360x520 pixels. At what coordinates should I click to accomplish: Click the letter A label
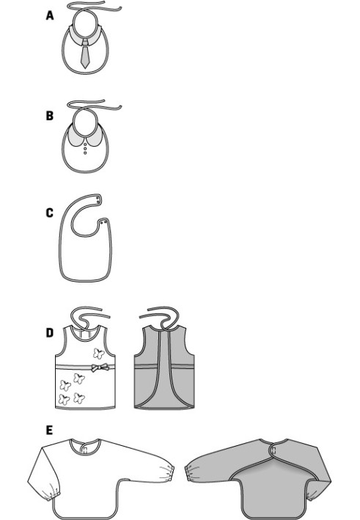[49, 15]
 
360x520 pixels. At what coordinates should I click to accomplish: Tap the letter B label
[49, 116]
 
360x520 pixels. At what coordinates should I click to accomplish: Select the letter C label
[49, 213]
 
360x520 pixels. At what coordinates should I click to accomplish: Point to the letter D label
[49, 333]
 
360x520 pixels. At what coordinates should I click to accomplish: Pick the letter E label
[49, 430]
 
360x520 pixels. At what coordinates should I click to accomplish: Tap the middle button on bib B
[85, 149]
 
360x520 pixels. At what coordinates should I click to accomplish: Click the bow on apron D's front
[99, 367]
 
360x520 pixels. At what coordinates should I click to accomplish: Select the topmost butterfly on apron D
[98, 354]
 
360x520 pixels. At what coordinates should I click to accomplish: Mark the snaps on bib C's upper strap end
[98, 199]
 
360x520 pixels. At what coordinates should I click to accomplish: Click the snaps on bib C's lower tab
[103, 222]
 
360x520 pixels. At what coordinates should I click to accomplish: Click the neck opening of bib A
[85, 24]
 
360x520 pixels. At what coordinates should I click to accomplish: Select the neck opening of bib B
[85, 122]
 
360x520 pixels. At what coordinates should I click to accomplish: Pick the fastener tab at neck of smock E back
[273, 450]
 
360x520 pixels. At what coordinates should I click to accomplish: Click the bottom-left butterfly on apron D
[65, 400]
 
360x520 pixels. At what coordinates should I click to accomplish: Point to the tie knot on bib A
[85, 41]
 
